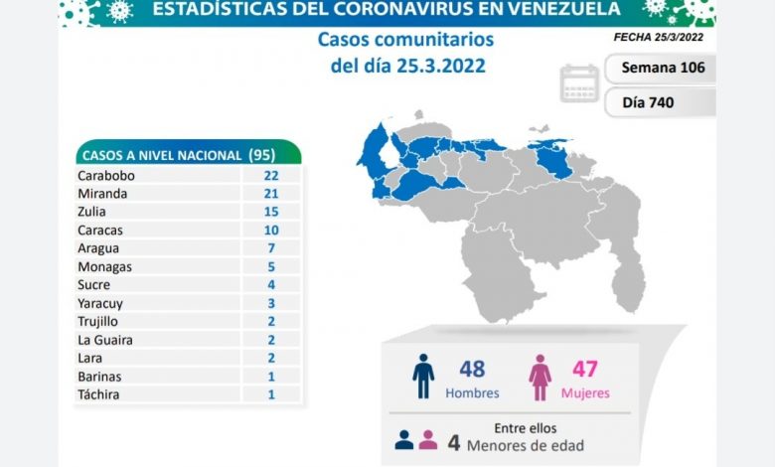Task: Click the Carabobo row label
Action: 105,175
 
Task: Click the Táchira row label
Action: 98,394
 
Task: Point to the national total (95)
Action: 260,155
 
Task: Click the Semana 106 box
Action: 662,69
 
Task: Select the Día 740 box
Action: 662,102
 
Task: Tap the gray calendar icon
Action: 579,84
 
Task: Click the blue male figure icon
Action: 423,377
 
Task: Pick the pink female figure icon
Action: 541,377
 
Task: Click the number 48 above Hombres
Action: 472,369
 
